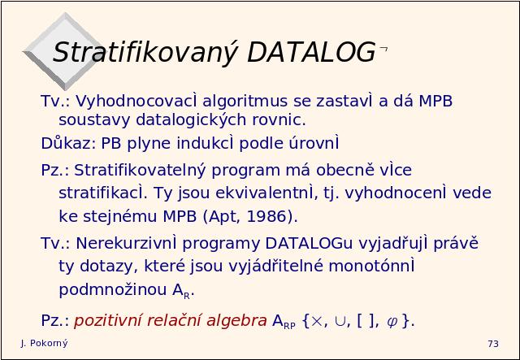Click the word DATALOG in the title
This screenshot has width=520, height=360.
[x=311, y=53]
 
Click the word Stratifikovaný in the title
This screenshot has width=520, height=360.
[x=145, y=53]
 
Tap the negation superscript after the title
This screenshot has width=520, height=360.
[x=383, y=50]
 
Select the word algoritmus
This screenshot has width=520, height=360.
[x=245, y=101]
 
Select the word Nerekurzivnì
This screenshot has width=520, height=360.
[x=126, y=243]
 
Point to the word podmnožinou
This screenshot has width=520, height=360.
[x=113, y=289]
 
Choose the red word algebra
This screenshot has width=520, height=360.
[x=236, y=320]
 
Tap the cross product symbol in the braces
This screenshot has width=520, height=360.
[x=317, y=321]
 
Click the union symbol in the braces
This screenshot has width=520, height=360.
[x=340, y=322]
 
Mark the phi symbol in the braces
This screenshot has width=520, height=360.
[x=392, y=322]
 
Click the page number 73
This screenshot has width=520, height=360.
[x=493, y=344]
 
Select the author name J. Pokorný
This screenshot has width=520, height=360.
[x=44, y=344]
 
